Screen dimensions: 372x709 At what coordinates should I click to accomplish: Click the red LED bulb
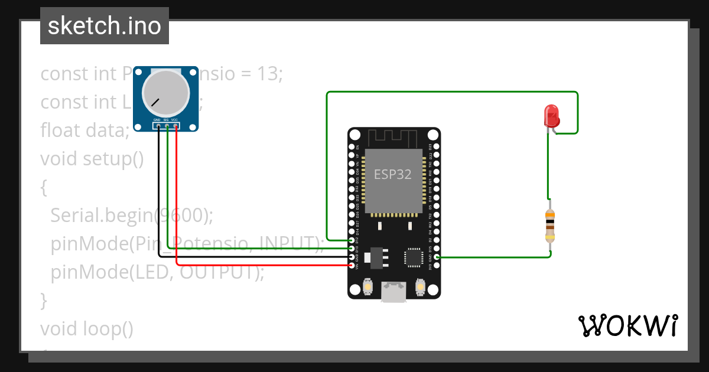click(551, 115)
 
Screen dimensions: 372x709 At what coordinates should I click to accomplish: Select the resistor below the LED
click(550, 226)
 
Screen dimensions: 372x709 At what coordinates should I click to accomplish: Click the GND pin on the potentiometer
click(158, 125)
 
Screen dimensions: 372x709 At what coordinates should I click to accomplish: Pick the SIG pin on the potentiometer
click(167, 125)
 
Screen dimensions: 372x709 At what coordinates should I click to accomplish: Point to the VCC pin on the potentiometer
click(176, 125)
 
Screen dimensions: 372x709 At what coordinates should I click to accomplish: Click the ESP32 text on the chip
click(392, 175)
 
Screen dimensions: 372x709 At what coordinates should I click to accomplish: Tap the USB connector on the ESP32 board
click(393, 292)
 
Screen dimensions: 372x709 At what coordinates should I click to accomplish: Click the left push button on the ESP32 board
click(367, 286)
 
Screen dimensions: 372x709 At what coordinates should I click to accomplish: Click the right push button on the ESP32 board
click(420, 286)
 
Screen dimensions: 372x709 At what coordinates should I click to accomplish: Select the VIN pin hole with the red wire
click(352, 266)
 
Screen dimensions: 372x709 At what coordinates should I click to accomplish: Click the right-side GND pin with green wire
click(436, 257)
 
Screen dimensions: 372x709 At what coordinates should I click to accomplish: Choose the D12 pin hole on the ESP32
click(352, 240)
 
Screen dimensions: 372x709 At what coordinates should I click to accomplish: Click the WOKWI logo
click(627, 325)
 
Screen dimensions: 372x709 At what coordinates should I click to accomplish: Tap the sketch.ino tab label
click(105, 26)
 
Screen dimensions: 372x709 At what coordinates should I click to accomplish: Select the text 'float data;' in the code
click(84, 130)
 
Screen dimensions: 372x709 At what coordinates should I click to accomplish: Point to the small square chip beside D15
click(412, 257)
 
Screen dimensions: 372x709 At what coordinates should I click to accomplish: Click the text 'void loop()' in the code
click(87, 328)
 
